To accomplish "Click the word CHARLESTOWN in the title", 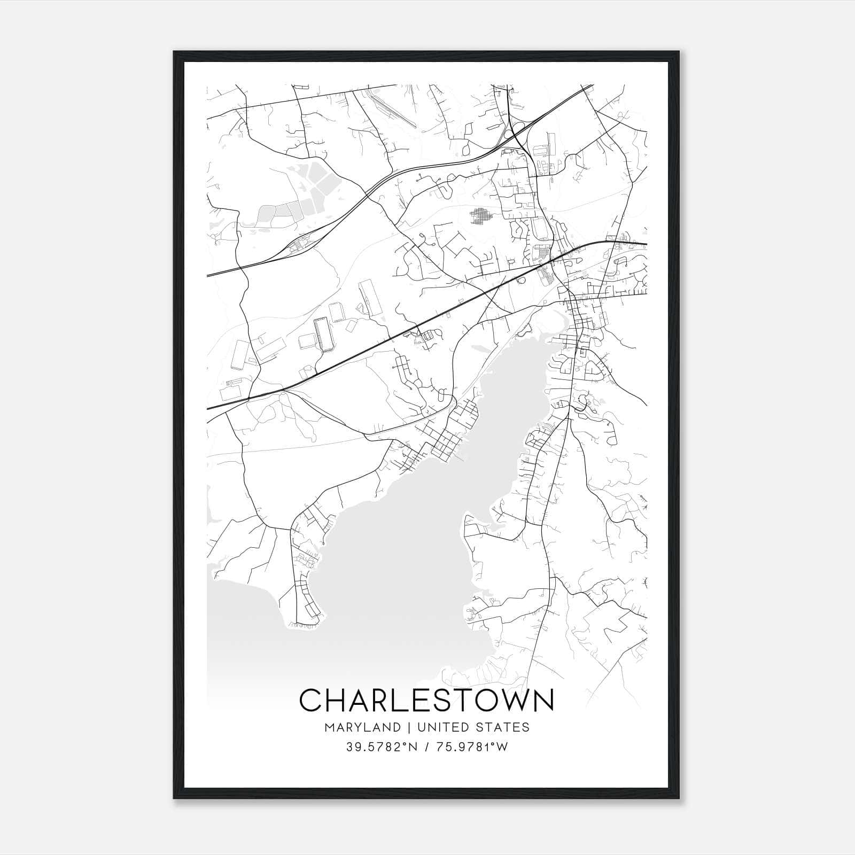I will [x=426, y=700].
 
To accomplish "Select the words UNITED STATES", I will [x=473, y=727].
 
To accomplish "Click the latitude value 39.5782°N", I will [x=378, y=747].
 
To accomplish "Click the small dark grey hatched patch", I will [x=482, y=216].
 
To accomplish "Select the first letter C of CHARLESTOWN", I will [x=312, y=700].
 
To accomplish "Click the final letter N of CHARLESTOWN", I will [x=542, y=700].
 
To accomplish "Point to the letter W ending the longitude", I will [x=502, y=747].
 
